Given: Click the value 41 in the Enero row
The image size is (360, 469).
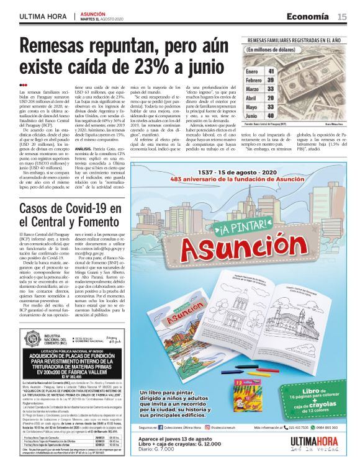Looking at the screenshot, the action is click(271, 71).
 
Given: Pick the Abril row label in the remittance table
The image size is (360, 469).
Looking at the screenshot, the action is click(251, 97).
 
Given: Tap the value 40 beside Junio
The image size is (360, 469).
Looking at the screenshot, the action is click(271, 115).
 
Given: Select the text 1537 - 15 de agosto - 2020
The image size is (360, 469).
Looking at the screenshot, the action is click(238, 171).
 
